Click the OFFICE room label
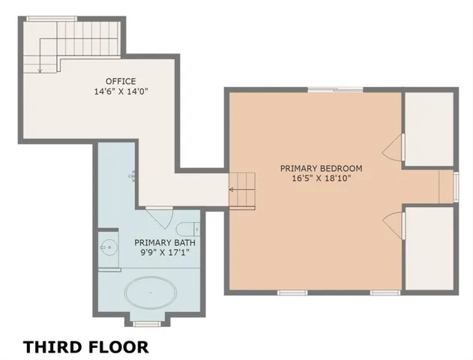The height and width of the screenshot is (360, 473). pyautogui.click(x=121, y=81)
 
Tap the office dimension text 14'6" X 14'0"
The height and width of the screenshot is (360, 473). pyautogui.click(x=121, y=91)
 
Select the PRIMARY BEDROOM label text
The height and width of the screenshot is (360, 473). pyautogui.click(x=322, y=168)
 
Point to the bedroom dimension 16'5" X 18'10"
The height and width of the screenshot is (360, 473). pyautogui.click(x=322, y=178)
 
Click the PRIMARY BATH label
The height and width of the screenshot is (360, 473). pyautogui.click(x=162, y=242)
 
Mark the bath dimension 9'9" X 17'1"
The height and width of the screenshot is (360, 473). pyautogui.click(x=162, y=253)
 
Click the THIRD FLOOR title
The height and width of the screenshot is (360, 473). pyautogui.click(x=85, y=346)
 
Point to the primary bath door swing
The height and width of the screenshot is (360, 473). pyautogui.click(x=158, y=219)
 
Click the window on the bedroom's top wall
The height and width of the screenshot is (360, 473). pyautogui.click(x=335, y=90)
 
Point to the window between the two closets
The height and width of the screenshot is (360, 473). pyautogui.click(x=455, y=186)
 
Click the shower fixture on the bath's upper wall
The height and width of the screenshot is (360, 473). pyautogui.click(x=133, y=175)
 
